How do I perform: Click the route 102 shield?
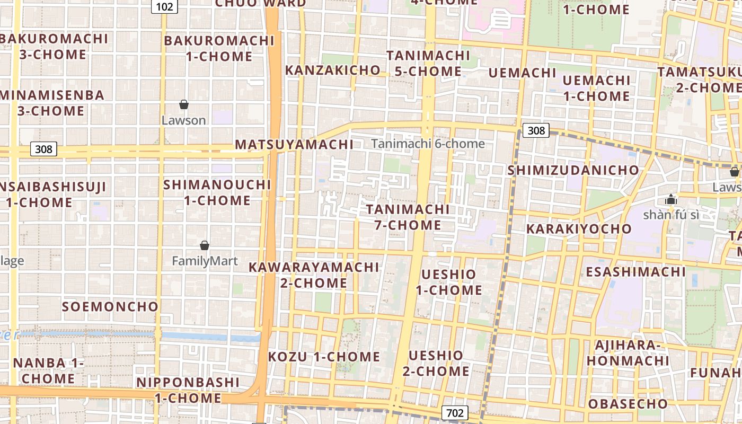[164, 6]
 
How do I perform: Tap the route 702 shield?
[455, 413]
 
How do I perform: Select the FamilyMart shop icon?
[205, 245]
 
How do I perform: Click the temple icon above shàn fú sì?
[670, 200]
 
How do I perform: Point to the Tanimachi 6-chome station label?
[428, 144]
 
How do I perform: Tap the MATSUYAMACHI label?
[294, 144]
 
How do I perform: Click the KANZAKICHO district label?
[333, 70]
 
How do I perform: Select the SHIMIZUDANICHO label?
[573, 170]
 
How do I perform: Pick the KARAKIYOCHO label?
[579, 229]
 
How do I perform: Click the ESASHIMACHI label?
[635, 272]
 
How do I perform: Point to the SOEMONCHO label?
[110, 306]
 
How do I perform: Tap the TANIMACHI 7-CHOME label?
[408, 217]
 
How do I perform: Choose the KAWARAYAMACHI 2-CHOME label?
[314, 275]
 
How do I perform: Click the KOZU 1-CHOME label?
[324, 357]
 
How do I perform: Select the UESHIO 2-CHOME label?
[436, 363]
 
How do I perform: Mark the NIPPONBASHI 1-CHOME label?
[188, 390]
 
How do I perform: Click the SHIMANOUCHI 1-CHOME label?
[217, 192]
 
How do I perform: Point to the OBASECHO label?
[628, 404]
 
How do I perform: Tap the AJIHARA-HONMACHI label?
[628, 353]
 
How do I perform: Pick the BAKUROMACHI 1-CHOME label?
[219, 48]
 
